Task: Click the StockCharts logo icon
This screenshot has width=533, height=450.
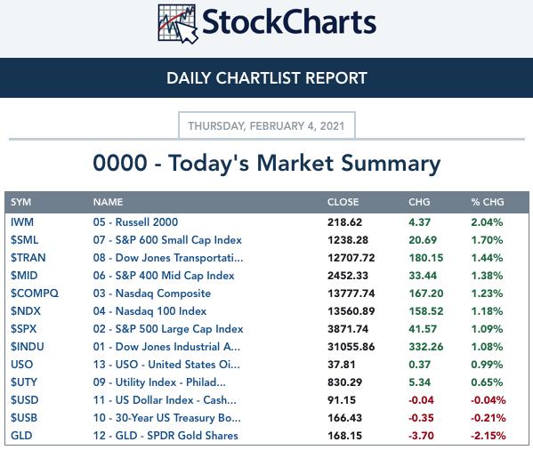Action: [178, 23]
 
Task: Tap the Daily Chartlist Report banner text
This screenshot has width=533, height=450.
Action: [267, 77]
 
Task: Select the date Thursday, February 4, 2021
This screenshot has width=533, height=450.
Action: [267, 126]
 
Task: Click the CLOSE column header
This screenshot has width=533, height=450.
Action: [343, 202]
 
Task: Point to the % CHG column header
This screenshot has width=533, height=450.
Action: [488, 202]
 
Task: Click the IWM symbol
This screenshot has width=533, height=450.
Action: [22, 222]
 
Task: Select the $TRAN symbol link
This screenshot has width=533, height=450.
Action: [28, 258]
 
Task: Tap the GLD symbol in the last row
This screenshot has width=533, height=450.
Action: [21, 436]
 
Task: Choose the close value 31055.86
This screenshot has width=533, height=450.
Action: [351, 347]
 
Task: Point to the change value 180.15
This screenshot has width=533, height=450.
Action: [426, 258]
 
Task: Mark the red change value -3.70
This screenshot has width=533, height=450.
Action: [421, 436]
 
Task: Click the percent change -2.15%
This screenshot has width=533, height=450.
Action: [489, 436]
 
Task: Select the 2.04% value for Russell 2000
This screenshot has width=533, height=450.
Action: [487, 222]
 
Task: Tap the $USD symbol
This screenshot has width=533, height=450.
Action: [25, 400]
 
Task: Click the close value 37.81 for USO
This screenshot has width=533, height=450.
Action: [342, 365]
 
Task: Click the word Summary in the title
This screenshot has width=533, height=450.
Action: [391, 164]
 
